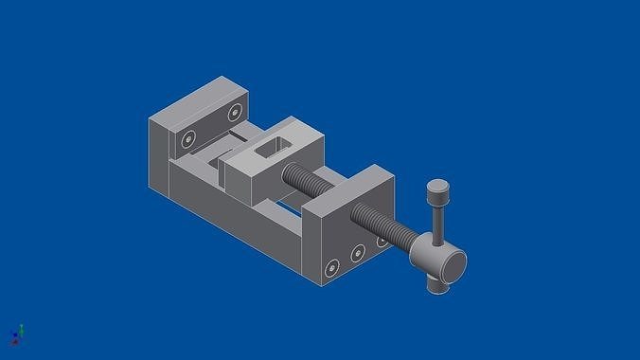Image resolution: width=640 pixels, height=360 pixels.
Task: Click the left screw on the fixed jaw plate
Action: (188, 139)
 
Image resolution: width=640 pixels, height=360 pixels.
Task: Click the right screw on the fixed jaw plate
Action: (234, 113)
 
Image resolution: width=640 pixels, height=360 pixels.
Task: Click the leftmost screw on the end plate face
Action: (331, 268)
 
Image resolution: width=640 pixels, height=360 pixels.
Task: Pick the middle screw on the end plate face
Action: (358, 253)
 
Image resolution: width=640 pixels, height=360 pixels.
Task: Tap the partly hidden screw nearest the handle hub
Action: (382, 241)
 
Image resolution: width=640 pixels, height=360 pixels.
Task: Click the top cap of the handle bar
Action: (437, 188)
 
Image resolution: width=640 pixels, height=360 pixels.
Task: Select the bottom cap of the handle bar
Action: (436, 284)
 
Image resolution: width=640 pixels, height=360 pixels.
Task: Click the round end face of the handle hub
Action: (453, 265)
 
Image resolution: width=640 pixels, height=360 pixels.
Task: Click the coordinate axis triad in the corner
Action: (16, 334)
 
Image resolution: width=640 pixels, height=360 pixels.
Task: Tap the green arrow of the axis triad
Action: (20, 329)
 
